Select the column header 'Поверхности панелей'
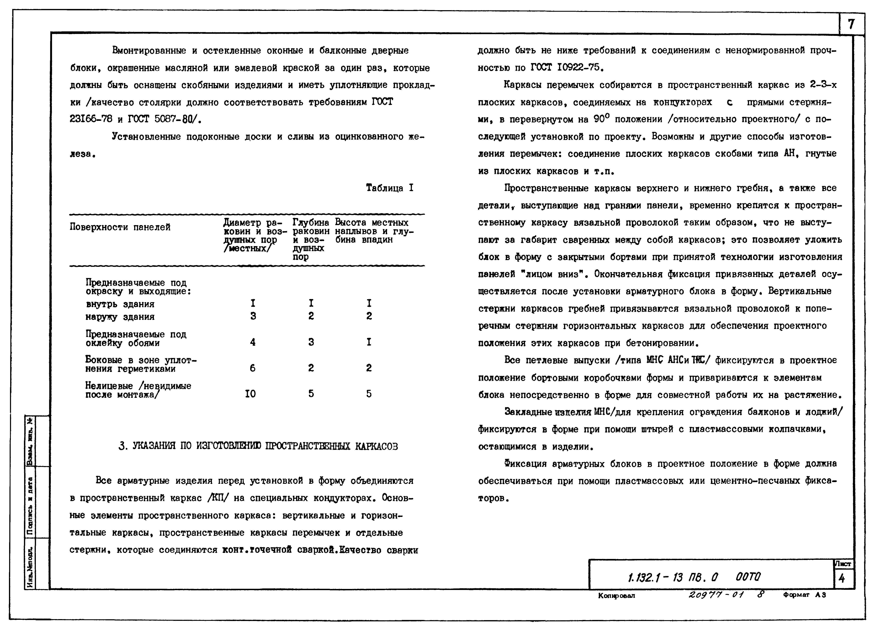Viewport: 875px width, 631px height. tap(120, 227)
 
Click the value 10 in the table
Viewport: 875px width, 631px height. tap(250, 394)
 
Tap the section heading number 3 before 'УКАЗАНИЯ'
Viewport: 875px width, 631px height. tap(122, 447)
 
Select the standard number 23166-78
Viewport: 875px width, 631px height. tap(91, 119)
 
